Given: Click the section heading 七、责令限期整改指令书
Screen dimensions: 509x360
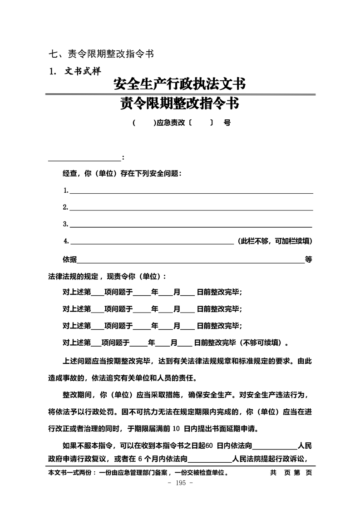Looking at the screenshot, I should point(101,54).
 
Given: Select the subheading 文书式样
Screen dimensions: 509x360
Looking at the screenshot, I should point(82,71).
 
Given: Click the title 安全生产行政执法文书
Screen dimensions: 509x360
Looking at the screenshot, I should point(180,84).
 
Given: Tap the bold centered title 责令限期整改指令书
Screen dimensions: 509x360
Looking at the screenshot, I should point(180,104).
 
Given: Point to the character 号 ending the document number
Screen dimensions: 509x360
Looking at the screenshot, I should point(227,123).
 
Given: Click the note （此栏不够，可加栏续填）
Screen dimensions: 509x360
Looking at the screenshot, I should point(275,241).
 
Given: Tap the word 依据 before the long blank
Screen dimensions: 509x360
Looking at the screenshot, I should point(69,259).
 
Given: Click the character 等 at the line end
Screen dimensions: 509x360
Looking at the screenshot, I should point(309,259).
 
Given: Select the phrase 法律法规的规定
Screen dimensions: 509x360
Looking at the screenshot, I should point(73,276).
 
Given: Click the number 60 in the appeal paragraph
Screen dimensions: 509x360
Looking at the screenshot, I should point(209,445).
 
